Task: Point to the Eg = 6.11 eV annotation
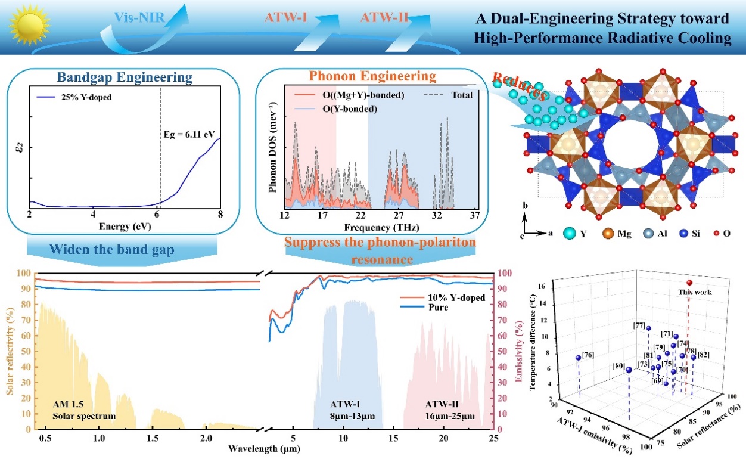coord(189,135)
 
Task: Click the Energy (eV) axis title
coord(125,226)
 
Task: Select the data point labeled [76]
coord(577,358)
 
